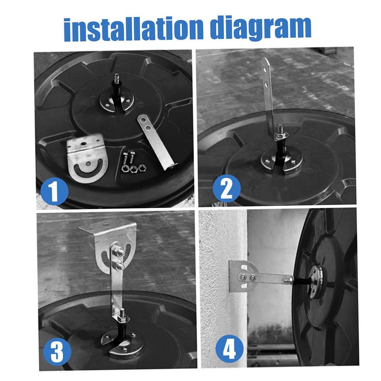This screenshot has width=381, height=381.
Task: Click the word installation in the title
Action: pos(133,29)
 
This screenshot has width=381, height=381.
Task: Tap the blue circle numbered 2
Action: pos(226,188)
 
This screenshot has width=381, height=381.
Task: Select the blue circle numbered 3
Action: pos(57,351)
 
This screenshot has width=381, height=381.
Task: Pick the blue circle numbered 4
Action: pos(229,349)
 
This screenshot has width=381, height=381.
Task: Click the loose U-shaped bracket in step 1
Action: pos(87,158)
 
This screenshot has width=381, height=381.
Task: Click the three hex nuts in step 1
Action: pos(133,168)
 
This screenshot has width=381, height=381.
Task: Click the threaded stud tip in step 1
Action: pos(117,78)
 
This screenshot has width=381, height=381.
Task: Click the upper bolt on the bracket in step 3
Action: pos(119,251)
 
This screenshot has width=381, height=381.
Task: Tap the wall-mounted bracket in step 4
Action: pos(243,276)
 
